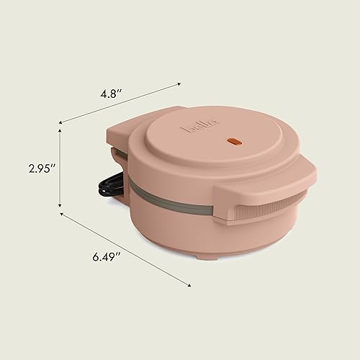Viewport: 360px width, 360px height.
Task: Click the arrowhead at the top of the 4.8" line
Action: pos(179,85)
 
